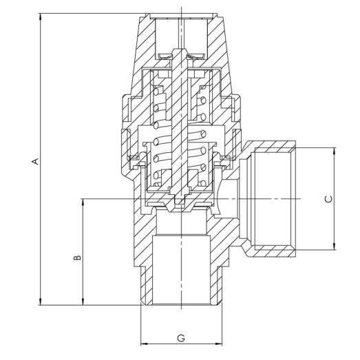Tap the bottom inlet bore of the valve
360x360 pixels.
182,268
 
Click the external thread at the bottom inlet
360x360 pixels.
145,286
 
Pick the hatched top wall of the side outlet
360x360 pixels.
272,147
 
